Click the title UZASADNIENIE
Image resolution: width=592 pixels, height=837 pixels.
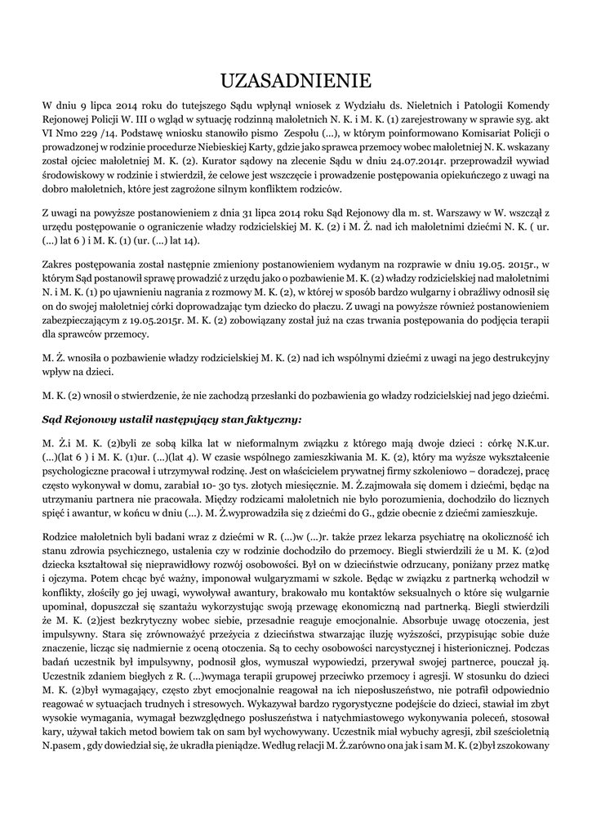[x=296, y=79]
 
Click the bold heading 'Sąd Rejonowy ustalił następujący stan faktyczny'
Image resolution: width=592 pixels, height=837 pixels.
[x=171, y=418]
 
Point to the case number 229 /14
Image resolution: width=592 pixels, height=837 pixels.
[x=103, y=133]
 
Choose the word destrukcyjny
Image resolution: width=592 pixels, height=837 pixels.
[x=513, y=359]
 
